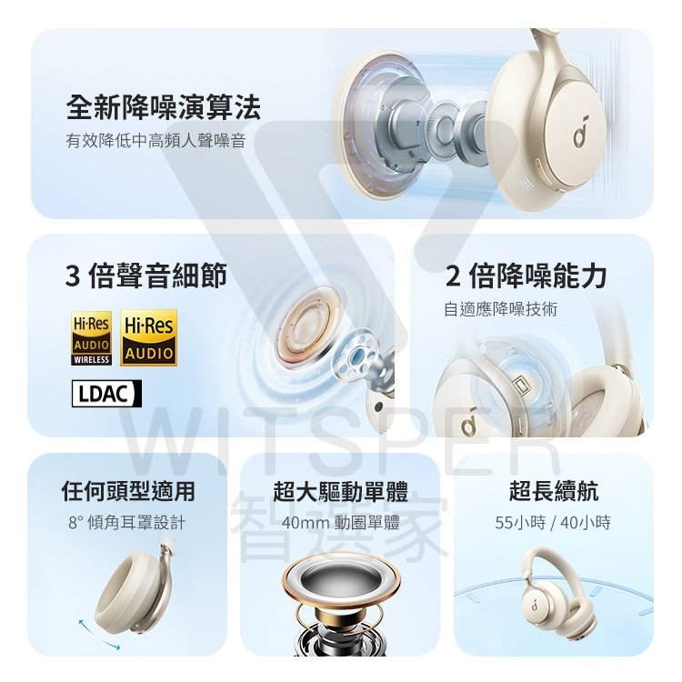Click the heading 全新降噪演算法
pos(163,107)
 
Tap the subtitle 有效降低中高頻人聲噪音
pos(156,140)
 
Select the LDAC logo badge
pos(106,394)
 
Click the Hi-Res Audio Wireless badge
pos(91,338)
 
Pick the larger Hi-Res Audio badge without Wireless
pos(149,337)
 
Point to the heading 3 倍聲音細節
pos(146,276)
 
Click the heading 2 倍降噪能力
pos(526,276)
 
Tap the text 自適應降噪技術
pos(500,309)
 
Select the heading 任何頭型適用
pos(128,491)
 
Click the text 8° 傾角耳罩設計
pos(127,522)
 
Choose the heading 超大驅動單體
pos(341,491)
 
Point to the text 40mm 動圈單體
pos(341,522)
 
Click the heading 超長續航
pos(553,491)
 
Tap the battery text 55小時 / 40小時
pos(553,522)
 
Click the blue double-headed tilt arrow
pos(99,635)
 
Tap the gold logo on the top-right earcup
pos(580,131)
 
